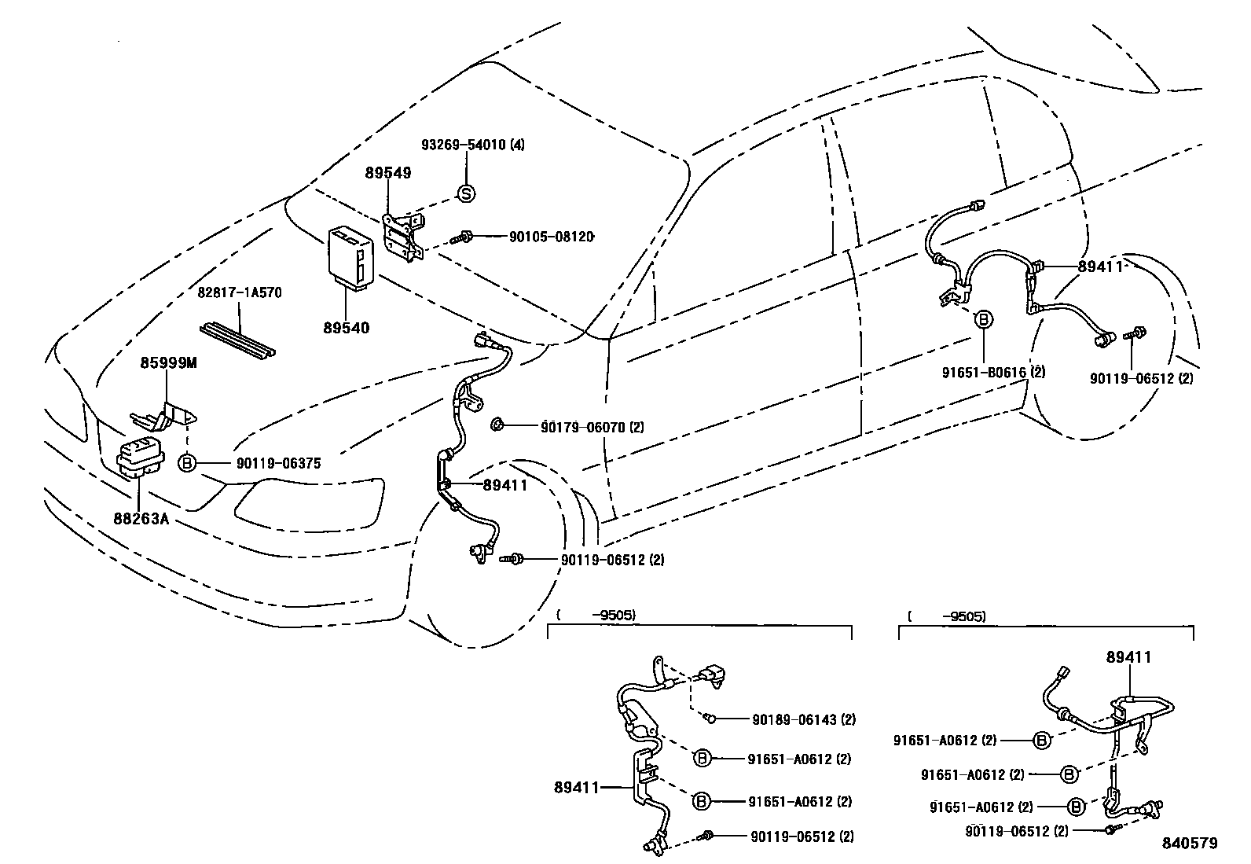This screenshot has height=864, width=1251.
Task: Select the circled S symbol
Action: tap(466, 193)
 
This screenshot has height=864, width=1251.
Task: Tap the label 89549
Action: tap(387, 172)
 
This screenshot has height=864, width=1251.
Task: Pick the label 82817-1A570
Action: tap(240, 292)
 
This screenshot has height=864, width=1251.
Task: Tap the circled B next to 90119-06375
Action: tap(187, 464)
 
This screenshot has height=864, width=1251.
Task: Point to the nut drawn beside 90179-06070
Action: tap(497, 425)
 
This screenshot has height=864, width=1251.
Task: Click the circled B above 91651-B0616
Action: tap(983, 319)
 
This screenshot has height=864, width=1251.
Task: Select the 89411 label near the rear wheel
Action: tap(1100, 267)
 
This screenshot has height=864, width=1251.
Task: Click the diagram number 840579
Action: tap(1190, 844)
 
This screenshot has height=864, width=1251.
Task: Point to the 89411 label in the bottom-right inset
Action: tap(1128, 657)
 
